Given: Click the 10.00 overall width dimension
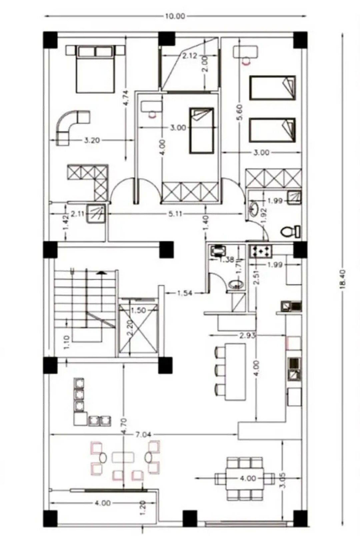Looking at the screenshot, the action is (x=175, y=16).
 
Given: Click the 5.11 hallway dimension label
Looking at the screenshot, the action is (x=175, y=214).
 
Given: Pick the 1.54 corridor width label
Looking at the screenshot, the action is (x=185, y=293).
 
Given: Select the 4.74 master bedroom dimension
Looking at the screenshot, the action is (x=126, y=98).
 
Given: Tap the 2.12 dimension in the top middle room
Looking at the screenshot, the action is (x=190, y=56).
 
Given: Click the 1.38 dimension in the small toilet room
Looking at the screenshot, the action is (x=226, y=260).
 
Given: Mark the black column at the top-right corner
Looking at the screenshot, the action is (x=300, y=39).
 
